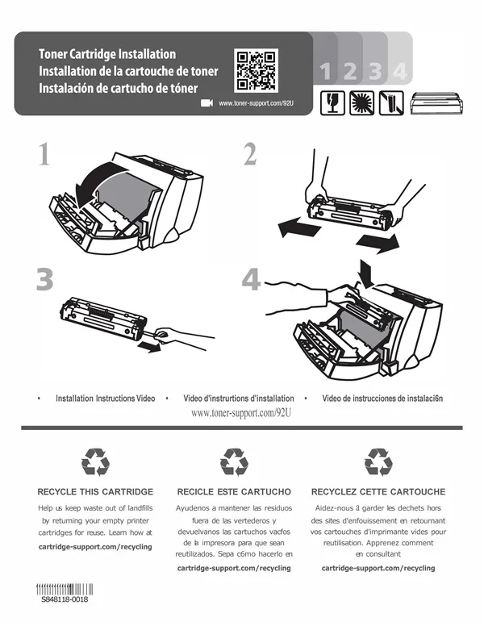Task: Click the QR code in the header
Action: tap(256, 70)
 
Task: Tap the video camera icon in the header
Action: tap(207, 103)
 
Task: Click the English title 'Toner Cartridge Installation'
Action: tap(107, 54)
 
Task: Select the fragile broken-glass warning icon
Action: tap(332, 103)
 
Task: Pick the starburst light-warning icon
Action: tap(362, 103)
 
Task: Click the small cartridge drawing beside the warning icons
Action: tap(437, 103)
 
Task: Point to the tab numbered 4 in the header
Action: tap(400, 71)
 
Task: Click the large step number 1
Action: tap(44, 154)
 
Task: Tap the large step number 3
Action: tap(44, 279)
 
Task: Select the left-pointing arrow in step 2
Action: tap(298, 227)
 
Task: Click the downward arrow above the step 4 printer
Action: tap(366, 273)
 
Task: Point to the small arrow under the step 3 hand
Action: tap(148, 347)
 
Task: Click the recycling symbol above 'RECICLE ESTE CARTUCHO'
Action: tap(234, 462)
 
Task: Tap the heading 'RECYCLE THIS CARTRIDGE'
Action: tap(95, 491)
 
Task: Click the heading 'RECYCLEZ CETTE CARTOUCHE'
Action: tap(378, 491)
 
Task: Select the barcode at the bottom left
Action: tap(65, 589)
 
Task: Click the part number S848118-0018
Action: tap(65, 599)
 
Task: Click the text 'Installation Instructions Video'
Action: tap(106, 398)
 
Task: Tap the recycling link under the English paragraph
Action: tap(95, 547)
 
